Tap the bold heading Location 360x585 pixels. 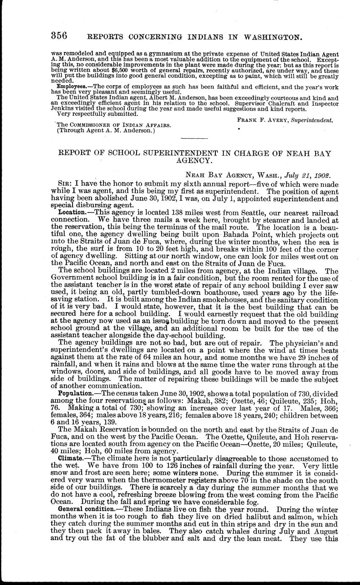coord(71,211)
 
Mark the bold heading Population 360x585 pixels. coord(74,393)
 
